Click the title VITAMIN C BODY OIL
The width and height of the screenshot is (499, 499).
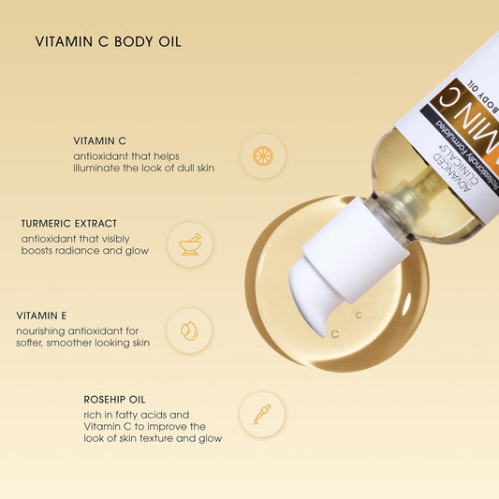click(x=108, y=42)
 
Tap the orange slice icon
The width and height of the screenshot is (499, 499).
click(x=263, y=155)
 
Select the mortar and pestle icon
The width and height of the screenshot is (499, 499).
click(x=189, y=244)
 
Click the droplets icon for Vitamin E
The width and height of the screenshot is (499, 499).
click(x=189, y=330)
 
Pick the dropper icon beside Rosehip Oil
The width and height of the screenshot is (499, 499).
click(x=262, y=414)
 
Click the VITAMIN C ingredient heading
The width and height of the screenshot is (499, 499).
click(x=100, y=139)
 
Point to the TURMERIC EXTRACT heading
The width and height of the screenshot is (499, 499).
click(x=69, y=224)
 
